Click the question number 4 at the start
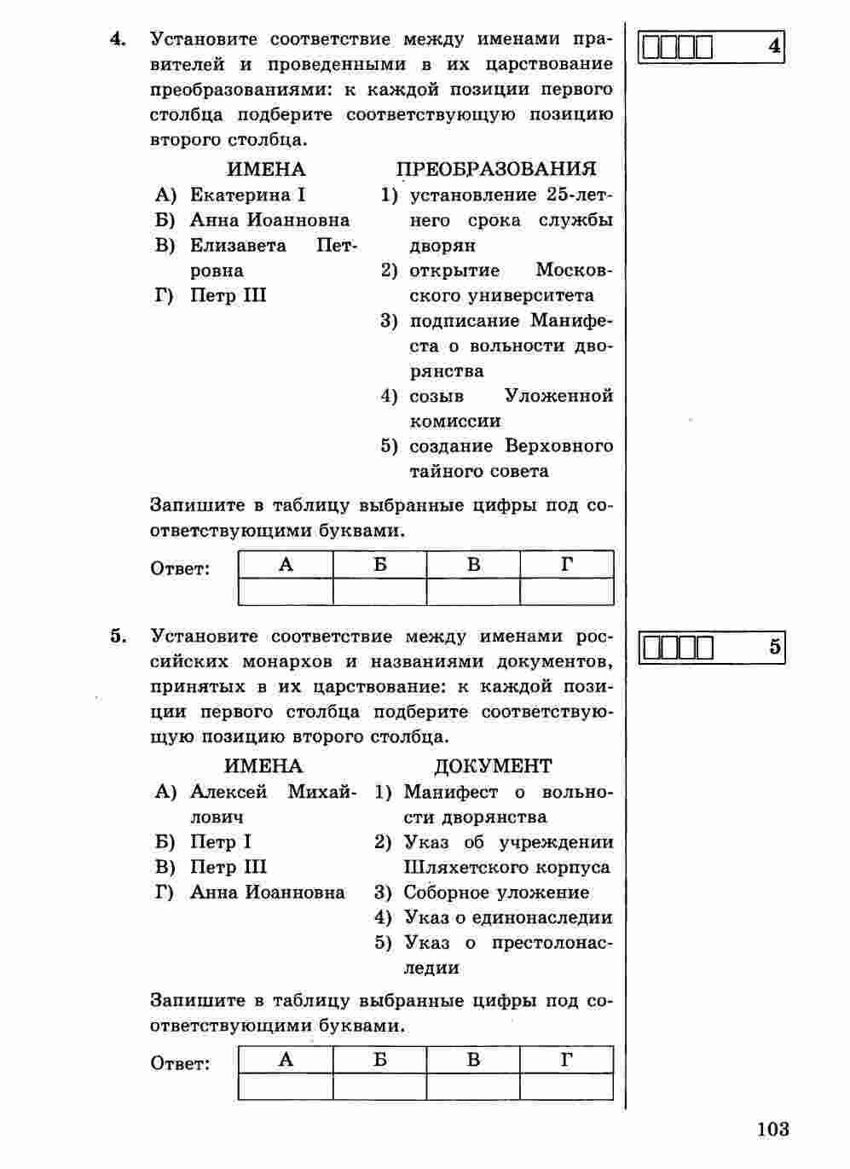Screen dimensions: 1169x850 pos(118,38)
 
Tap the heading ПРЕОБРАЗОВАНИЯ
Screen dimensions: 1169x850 pos(496,169)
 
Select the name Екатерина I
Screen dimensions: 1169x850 pos(248,195)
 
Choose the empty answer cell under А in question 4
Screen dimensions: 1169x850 pos(286,591)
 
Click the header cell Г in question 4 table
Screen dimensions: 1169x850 pos(567,565)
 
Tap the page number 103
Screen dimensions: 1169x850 pos(772,1129)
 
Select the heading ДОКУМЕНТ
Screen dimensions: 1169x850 pos(493,766)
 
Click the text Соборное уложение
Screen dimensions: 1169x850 pos(496,893)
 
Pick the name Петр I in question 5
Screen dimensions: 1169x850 pos(220,842)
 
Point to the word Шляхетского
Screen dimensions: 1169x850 pos(465,867)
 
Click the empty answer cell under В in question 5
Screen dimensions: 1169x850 pos(473,1086)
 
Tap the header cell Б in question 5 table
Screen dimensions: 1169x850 pos(379,1060)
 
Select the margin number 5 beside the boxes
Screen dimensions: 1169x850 pos(774,647)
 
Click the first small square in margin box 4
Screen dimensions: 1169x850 pos(652,47)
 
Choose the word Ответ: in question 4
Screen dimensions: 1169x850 pos(180,568)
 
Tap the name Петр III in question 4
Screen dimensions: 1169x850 pos(228,295)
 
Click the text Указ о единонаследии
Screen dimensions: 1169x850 pos(508,918)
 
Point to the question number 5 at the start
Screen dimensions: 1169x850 pos(118,636)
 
